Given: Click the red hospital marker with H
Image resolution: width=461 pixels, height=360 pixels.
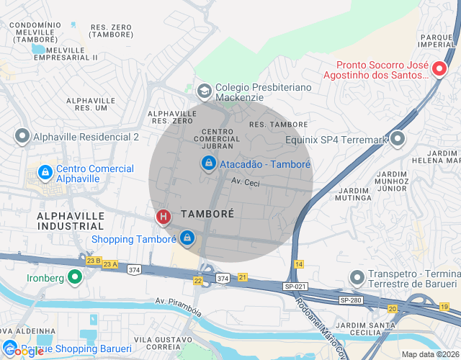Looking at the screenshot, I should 164,216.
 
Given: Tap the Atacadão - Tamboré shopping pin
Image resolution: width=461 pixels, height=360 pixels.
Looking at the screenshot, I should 208,163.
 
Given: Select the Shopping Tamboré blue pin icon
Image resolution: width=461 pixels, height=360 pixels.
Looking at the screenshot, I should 187,237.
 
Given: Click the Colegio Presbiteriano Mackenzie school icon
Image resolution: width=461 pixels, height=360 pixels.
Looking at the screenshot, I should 204,91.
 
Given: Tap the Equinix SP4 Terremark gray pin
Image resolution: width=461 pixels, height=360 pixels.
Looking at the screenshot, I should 398,138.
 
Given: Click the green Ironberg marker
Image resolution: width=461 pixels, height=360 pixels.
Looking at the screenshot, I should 74,276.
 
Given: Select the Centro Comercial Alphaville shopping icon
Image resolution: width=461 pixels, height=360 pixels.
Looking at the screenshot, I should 45,173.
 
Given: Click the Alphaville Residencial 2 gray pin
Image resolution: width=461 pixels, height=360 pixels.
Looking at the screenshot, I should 22,136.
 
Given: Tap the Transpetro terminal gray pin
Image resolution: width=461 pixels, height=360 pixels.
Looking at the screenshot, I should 357,277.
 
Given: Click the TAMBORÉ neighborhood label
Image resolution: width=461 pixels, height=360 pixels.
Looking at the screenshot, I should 207,214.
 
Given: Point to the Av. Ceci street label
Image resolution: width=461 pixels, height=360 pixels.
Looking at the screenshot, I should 245,183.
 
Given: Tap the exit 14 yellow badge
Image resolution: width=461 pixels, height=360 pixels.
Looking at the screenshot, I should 299,265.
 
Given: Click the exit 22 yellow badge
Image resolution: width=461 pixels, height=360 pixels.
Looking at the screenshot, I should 198,280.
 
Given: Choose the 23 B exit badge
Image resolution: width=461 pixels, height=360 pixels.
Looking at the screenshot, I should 92,261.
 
